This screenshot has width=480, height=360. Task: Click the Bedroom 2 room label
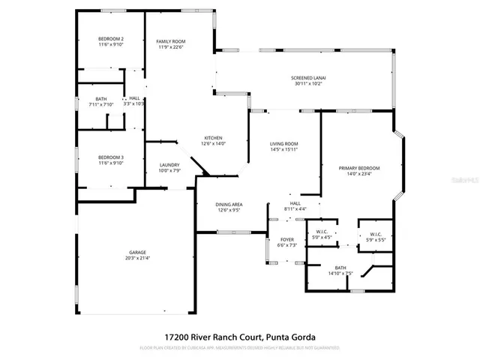pos(111,38)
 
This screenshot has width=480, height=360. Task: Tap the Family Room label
pos(170,41)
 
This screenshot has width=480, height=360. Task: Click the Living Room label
pos(284,143)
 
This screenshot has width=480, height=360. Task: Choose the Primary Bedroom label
pos(358,168)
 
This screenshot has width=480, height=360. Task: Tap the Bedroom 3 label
pos(111,157)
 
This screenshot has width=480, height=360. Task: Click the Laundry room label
pos(169,165)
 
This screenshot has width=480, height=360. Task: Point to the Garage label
pos(136,252)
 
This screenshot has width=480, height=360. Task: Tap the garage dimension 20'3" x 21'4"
pos(136,258)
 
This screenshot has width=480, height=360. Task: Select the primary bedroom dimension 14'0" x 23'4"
pos(358,174)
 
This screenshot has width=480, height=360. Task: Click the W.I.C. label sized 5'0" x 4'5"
pos(323,232)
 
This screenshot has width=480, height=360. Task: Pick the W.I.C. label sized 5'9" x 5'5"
pos(376,234)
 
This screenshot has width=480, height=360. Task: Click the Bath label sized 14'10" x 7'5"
pos(340,267)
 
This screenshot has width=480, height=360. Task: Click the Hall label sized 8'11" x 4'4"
pos(295,202)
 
